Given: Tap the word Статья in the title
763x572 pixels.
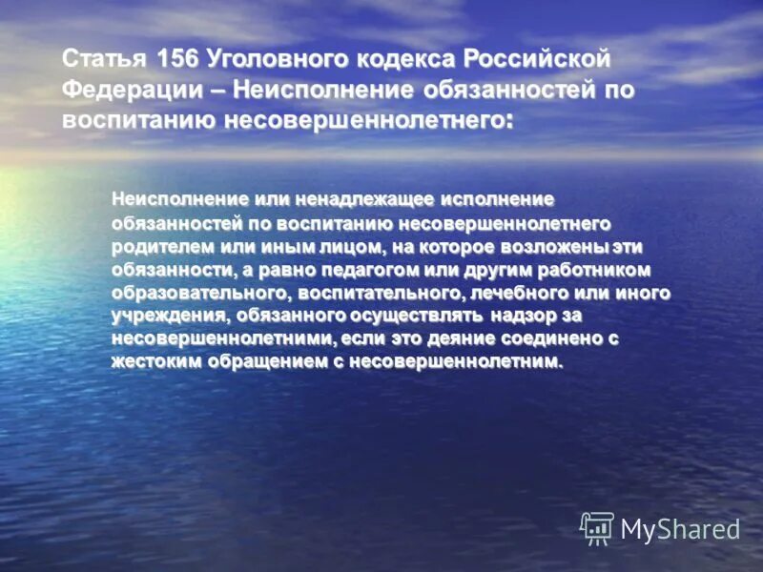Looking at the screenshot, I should (x=104, y=58).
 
